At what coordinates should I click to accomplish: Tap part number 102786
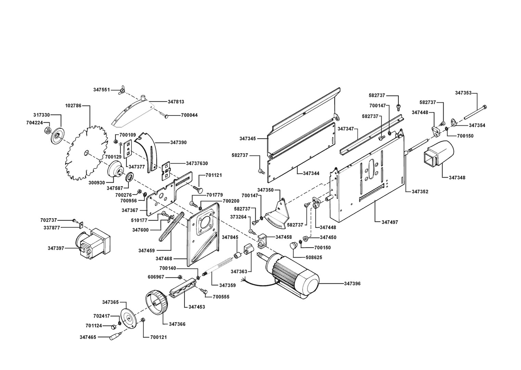[x=73, y=106]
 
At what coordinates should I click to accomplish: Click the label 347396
[x=352, y=284]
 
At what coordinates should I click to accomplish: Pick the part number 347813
[x=176, y=102]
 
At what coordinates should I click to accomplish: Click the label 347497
[x=390, y=222]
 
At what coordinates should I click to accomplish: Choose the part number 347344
[x=311, y=173]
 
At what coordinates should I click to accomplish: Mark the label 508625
[x=314, y=257]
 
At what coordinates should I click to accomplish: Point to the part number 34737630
[x=197, y=163]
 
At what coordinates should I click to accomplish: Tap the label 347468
[x=164, y=259]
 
